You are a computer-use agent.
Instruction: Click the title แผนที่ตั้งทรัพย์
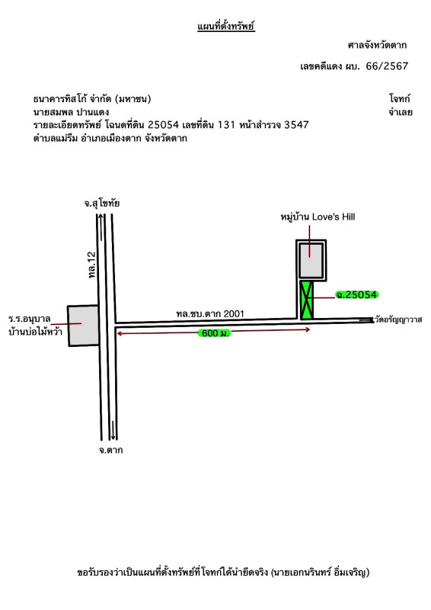[226, 27]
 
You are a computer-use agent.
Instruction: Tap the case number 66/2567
[387, 66]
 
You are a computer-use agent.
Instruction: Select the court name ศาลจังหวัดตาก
[377, 45]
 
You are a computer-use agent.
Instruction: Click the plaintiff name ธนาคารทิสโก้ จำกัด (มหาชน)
[92, 99]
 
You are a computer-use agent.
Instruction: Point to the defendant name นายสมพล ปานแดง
[71, 112]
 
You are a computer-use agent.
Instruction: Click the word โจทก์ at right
[400, 98]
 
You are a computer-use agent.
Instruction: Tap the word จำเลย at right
[401, 112]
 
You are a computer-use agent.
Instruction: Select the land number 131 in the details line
[227, 125]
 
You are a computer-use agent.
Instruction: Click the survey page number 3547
[296, 125]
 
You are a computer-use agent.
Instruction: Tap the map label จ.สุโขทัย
[102, 204]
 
